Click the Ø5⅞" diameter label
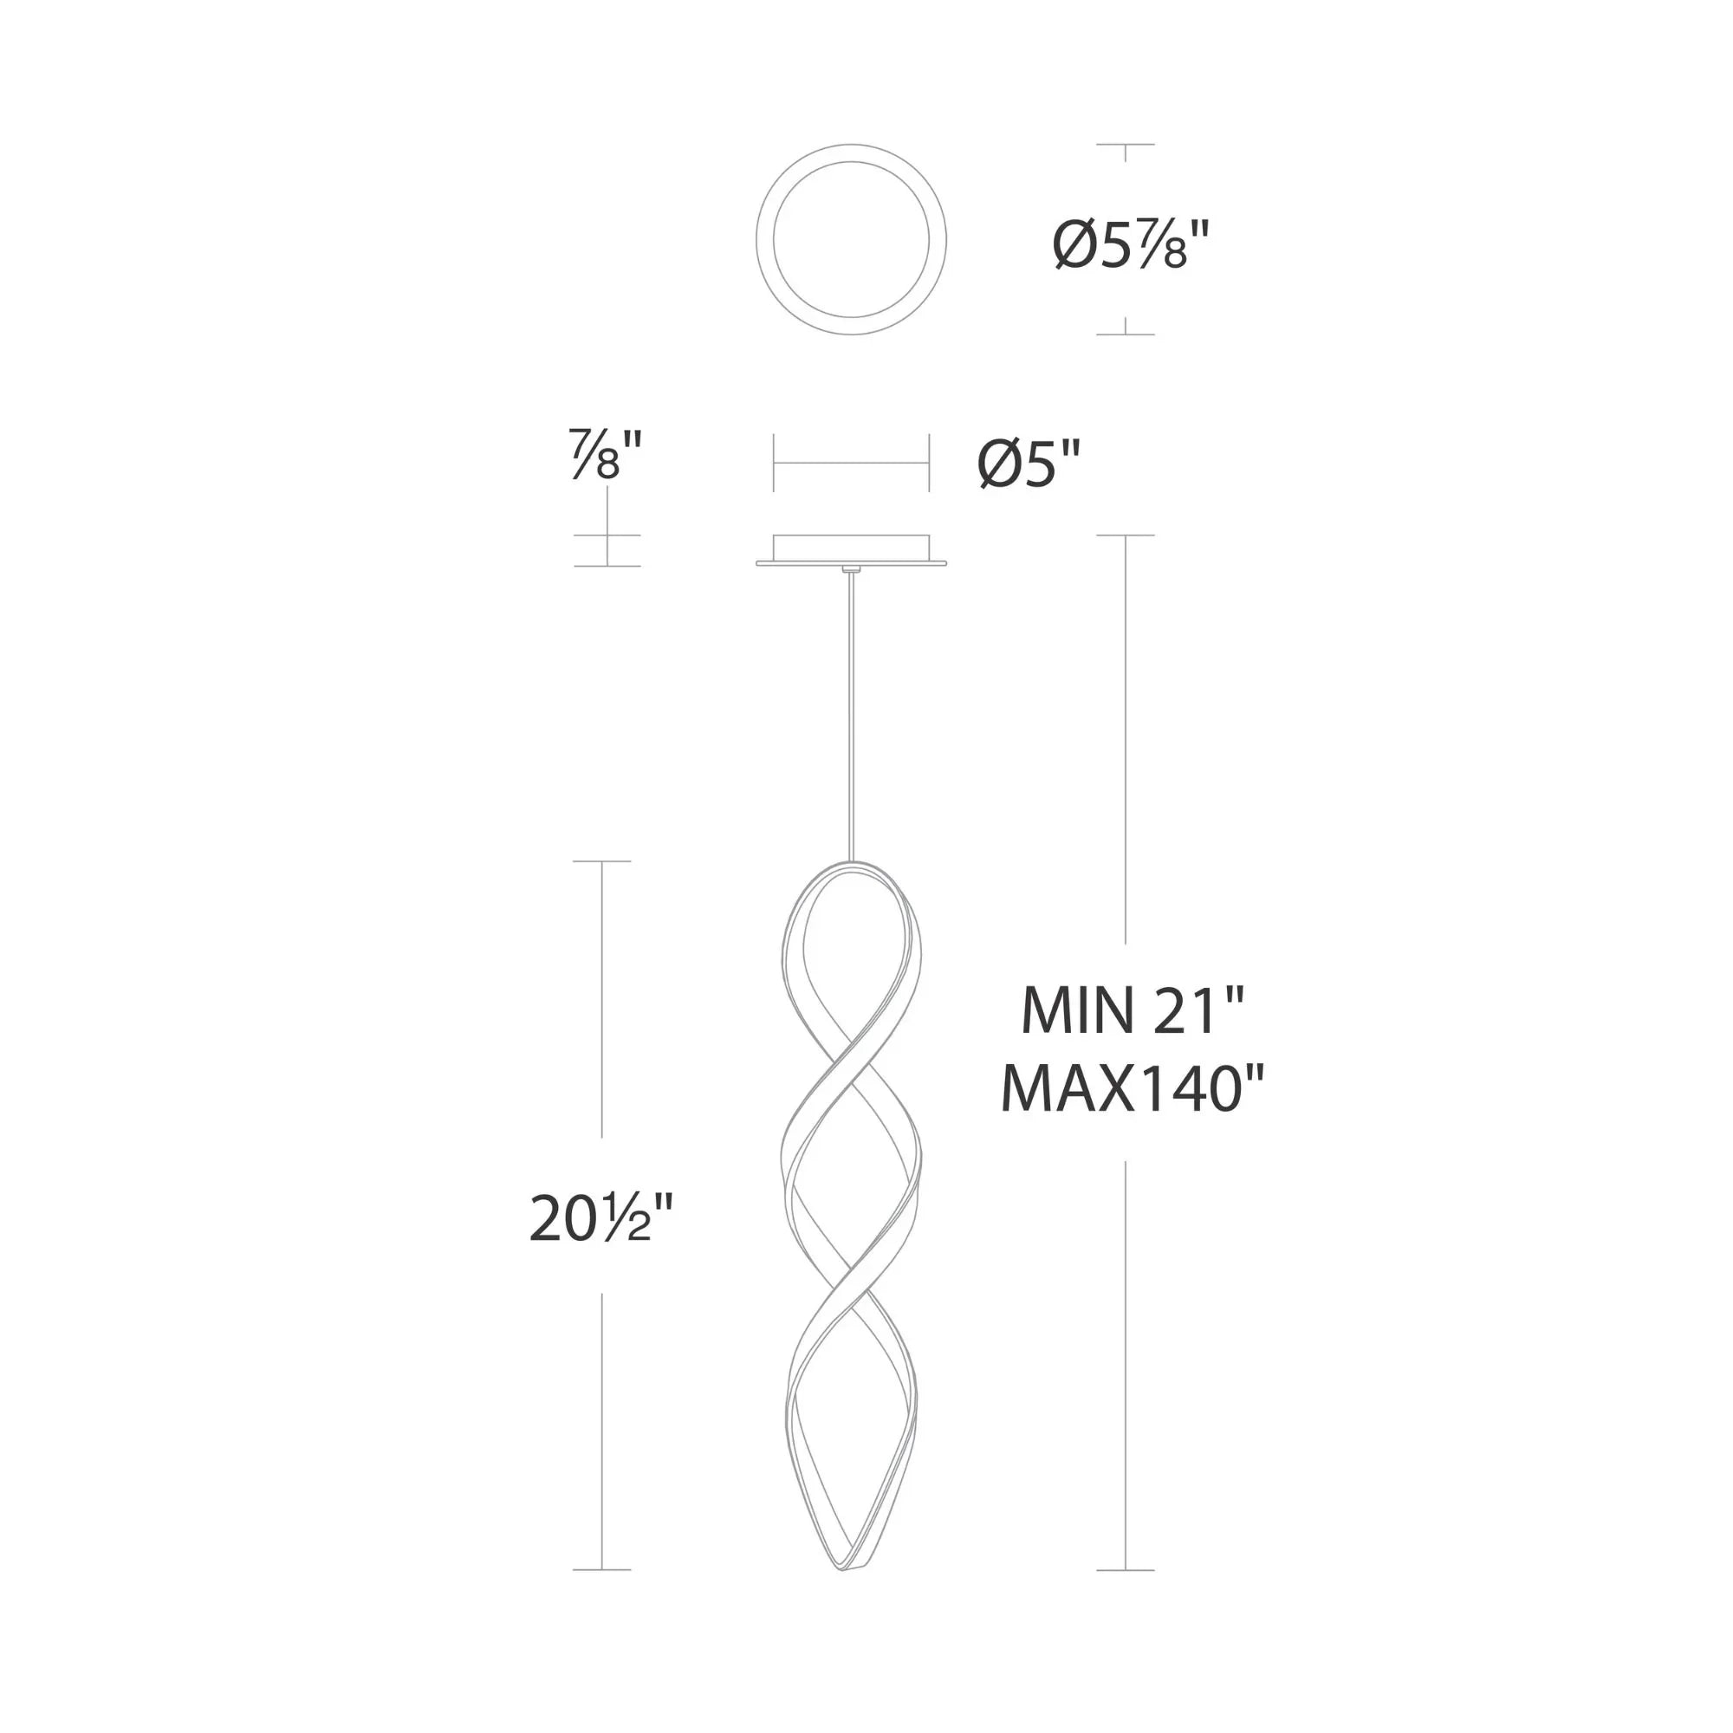[x=1132, y=245]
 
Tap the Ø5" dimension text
[x=1029, y=464]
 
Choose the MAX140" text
[x=1132, y=1089]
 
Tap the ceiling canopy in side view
[x=850, y=550]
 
